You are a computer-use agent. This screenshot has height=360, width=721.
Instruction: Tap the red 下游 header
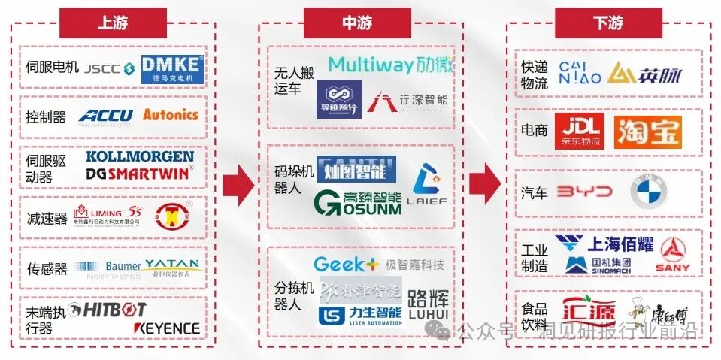(607, 22)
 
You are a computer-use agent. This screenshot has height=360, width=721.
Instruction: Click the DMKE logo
(172, 68)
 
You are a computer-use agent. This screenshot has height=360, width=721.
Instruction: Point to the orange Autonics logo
(171, 115)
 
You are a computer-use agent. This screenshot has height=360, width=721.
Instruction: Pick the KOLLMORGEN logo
(140, 157)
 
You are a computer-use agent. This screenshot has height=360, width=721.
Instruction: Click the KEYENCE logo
(167, 328)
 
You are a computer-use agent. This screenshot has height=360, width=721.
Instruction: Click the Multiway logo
(391, 65)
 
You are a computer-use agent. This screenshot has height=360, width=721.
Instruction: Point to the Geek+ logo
(346, 264)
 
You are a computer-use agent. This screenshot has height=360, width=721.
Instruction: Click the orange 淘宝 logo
(647, 132)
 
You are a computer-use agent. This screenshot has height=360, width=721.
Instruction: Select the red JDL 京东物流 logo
(581, 132)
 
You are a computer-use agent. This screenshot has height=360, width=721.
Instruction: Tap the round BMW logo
(648, 193)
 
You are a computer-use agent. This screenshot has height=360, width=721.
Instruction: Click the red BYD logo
(586, 192)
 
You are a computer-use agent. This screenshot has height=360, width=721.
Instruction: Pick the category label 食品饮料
(535, 316)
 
